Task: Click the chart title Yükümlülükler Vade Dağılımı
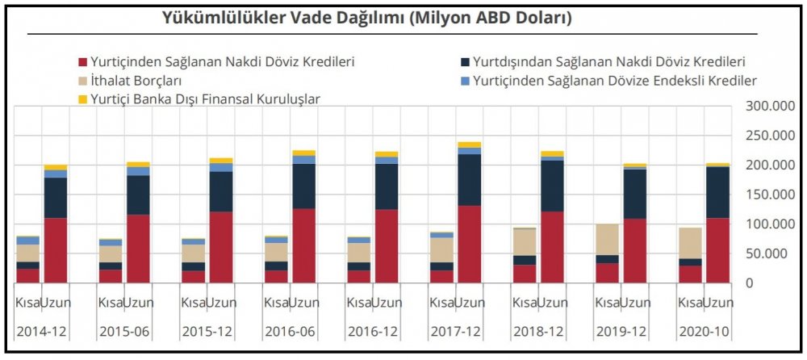tap(367, 18)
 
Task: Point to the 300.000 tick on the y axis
tap(767, 106)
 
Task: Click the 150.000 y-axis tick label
tap(767, 195)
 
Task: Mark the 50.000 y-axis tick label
tap(767, 253)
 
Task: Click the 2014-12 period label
tap(41, 331)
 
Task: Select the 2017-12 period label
tap(455, 331)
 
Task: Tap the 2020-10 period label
tap(704, 331)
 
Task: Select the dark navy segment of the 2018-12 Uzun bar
tap(552, 186)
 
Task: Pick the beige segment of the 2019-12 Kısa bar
tap(607, 239)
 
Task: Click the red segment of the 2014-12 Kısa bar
tap(28, 275)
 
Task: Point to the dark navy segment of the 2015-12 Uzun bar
tap(221, 191)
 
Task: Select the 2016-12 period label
tap(372, 331)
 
